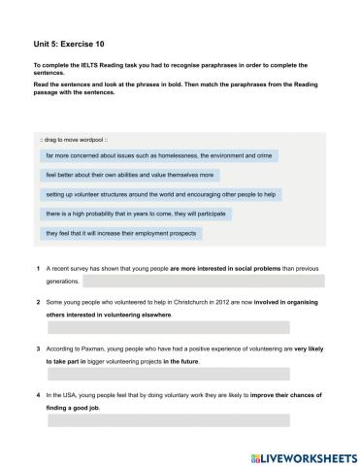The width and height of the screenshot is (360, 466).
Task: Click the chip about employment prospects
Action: [121, 233]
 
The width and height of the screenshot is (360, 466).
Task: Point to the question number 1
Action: [37, 267]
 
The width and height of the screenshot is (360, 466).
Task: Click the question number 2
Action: [37, 302]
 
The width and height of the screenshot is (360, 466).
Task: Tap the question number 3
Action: [37, 348]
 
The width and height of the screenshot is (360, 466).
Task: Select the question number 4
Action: [37, 395]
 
